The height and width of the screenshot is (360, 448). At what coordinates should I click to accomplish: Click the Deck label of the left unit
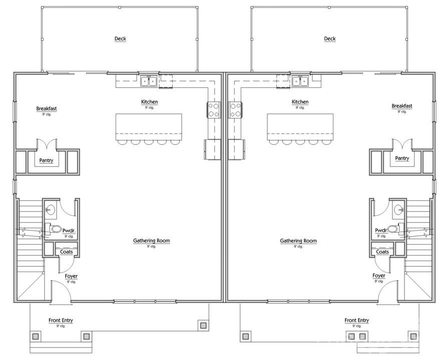120,39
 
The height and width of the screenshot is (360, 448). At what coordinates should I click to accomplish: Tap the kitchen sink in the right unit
300,80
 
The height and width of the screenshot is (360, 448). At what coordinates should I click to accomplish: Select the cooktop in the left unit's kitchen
213,109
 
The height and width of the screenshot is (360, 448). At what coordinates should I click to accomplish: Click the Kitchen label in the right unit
300,102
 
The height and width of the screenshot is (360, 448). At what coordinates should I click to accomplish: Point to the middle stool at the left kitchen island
149,142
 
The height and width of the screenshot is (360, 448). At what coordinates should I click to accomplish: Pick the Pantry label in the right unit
402,158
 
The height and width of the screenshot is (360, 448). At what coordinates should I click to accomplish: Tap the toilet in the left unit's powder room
55,229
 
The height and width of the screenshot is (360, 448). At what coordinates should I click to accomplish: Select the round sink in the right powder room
398,209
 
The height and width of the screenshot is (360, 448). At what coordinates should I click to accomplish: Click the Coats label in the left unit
66,251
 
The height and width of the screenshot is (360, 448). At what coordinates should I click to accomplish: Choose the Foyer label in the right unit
379,276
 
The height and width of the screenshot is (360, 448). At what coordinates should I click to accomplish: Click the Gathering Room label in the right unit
298,241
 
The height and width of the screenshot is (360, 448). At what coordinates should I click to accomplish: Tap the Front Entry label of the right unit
357,320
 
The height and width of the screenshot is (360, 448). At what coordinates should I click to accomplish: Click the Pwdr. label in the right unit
381,230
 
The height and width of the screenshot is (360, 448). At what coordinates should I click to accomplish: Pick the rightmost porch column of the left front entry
203,325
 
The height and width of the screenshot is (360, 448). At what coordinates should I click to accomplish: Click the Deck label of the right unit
330,39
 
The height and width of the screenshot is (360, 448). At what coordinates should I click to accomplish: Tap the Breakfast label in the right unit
402,106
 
